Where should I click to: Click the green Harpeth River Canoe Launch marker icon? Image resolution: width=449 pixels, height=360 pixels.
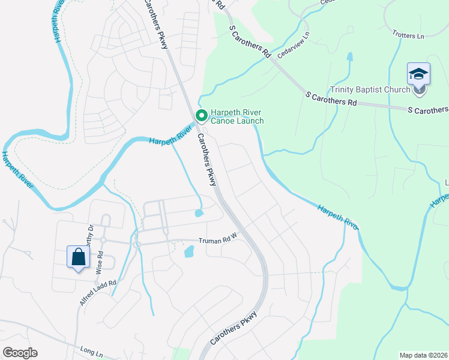click(x=202, y=115)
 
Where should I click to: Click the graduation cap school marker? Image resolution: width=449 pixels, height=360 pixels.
click(x=418, y=74)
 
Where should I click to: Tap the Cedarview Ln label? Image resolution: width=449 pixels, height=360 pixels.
click(x=293, y=44)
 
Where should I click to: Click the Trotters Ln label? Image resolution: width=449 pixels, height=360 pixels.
click(x=408, y=35)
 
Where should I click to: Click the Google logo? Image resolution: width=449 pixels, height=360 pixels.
click(x=20, y=352)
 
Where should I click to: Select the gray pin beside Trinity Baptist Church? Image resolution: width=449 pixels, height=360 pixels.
click(x=419, y=90)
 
